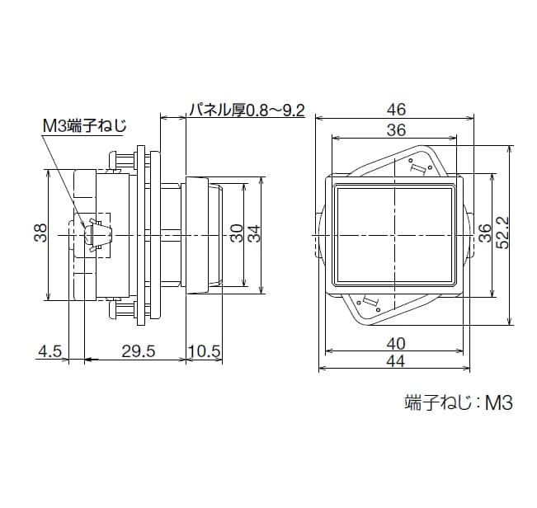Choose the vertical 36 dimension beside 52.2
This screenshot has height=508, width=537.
pyautogui.click(x=485, y=234)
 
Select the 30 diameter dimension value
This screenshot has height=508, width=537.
pyautogui.click(x=237, y=234)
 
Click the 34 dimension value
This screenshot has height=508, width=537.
pyautogui.click(x=255, y=234)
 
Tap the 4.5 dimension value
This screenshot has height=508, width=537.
pyautogui.click(x=49, y=352)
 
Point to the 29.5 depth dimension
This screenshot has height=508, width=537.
pyautogui.click(x=139, y=352)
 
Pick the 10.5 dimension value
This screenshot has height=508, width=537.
pyautogui.click(x=205, y=352)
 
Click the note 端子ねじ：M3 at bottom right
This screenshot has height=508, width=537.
pyautogui.click(x=459, y=403)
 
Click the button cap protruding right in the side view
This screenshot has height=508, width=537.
pyautogui.click(x=203, y=235)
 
